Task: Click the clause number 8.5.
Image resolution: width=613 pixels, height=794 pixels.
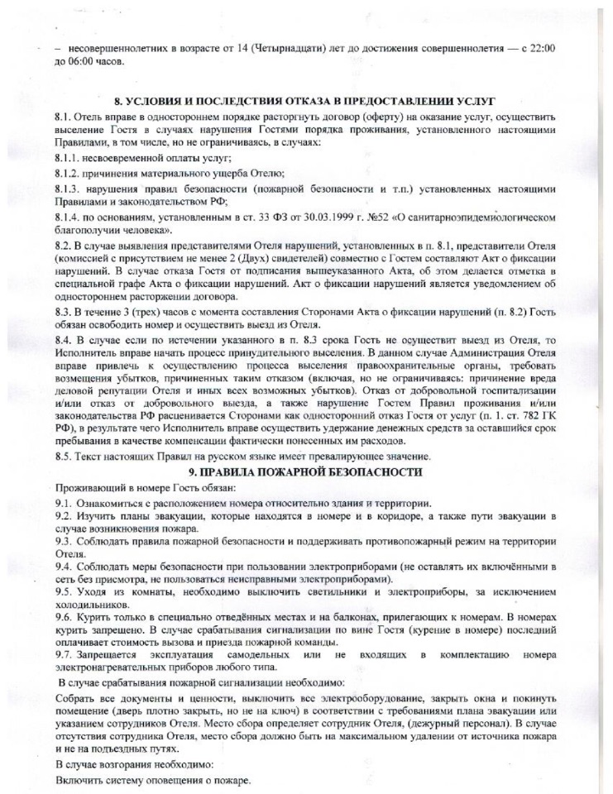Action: coord(63,456)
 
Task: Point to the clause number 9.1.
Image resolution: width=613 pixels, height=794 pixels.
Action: coord(63,503)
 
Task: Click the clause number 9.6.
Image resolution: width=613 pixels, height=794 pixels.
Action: coord(63,619)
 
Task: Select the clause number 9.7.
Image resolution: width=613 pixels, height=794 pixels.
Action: coord(63,655)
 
